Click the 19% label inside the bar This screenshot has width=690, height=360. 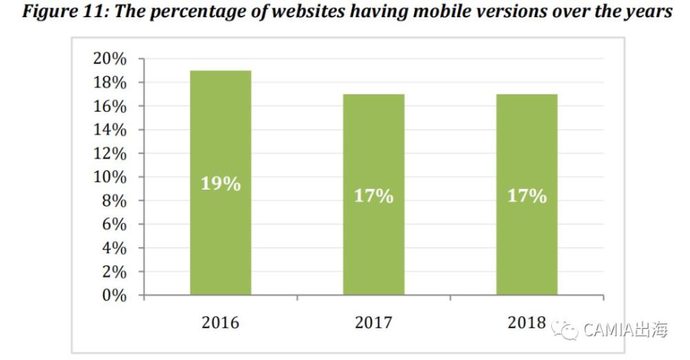[x=221, y=184]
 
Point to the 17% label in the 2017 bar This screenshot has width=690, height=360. [x=373, y=196]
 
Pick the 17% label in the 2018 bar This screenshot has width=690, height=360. [x=526, y=196]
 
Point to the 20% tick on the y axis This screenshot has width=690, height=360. [x=110, y=59]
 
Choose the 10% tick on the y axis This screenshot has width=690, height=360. [x=110, y=177]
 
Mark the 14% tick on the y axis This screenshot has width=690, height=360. [x=110, y=130]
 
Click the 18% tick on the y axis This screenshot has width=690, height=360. [x=110, y=83]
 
